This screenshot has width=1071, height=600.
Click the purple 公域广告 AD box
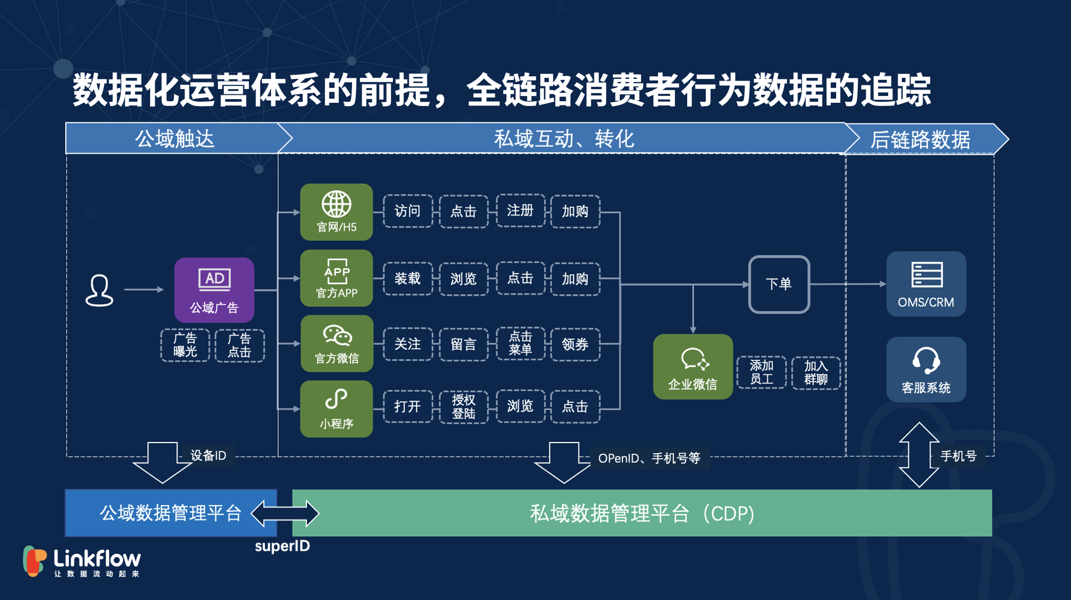coord(214,290)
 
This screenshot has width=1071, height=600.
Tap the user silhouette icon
coord(99,290)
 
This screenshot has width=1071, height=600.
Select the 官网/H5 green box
coord(336,212)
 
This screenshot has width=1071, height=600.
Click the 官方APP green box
coord(336,278)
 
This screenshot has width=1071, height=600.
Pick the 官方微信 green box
coord(337,343)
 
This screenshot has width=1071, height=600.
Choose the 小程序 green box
coord(336,409)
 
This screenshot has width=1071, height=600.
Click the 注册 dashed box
coord(520,210)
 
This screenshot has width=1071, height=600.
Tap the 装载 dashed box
coord(407,278)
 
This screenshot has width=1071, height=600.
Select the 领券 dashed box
coord(575,345)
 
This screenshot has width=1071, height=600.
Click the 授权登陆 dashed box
coord(463,407)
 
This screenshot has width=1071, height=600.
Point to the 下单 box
coord(778,284)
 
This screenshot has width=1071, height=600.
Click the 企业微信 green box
coord(692,367)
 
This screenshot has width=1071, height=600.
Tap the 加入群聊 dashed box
coord(815,373)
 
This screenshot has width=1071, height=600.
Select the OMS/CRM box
coord(926,284)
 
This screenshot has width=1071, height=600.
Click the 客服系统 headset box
coord(926,369)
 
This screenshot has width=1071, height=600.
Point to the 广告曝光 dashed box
coord(185,345)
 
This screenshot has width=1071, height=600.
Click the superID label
coord(282,546)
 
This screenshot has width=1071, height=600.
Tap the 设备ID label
coord(208,455)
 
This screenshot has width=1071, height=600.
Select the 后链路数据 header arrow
coord(923,139)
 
